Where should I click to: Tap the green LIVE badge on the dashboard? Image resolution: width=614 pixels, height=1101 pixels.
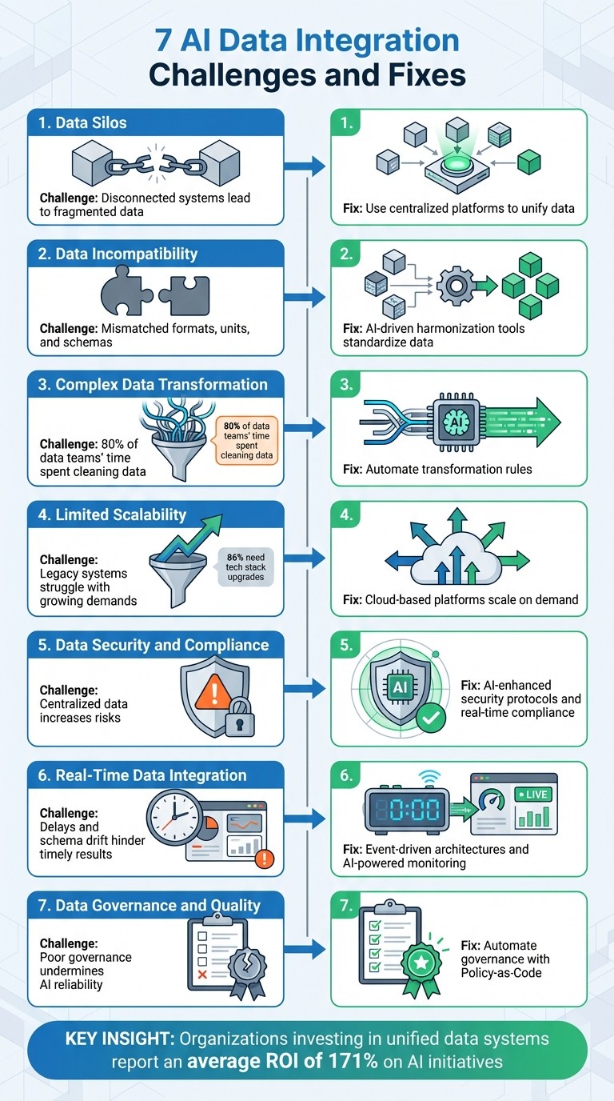533,795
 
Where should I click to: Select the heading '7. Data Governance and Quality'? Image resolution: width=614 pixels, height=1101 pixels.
150,906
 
